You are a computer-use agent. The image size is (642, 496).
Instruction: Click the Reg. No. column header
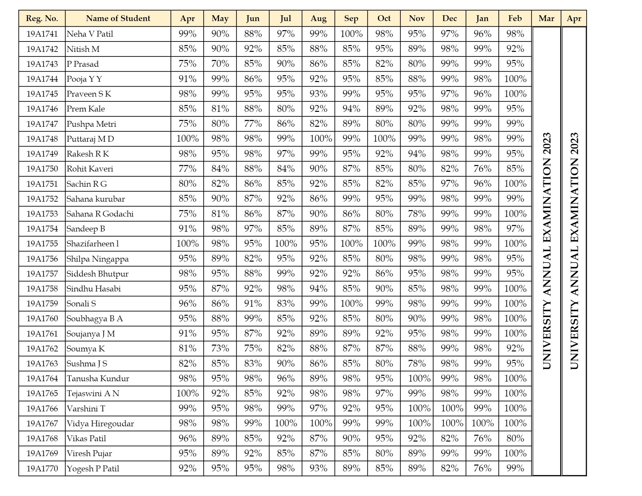coord(42,18)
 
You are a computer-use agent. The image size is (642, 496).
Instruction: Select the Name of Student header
coord(118,18)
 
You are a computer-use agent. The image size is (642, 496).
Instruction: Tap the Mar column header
coord(546,18)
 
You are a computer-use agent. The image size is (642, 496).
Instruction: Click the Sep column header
coord(351,18)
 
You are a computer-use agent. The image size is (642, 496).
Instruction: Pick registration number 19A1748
coord(42,139)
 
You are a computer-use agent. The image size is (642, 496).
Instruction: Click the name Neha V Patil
coord(90,34)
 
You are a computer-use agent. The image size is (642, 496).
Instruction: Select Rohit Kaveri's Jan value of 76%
coord(482,169)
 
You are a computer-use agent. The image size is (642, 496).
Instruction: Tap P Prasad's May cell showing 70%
coord(220,64)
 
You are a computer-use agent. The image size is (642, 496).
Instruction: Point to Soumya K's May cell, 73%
coord(220,348)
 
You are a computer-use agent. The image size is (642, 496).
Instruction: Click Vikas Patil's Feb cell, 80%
coord(515,438)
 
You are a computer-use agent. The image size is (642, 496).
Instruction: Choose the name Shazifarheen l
coord(93,244)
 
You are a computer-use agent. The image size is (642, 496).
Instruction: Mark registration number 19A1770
coord(42,468)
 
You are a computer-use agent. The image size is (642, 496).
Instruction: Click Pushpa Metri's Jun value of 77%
coord(253,124)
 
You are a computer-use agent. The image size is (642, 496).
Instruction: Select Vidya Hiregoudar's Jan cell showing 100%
coord(482,423)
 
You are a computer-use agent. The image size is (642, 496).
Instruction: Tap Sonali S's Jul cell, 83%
coord(286,304)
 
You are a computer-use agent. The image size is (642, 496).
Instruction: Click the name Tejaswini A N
coord(93,394)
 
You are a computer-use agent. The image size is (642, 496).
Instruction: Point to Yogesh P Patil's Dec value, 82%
coord(449,468)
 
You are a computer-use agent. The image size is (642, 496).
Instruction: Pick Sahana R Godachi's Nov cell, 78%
coord(417,214)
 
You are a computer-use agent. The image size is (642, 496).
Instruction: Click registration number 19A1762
coord(42,348)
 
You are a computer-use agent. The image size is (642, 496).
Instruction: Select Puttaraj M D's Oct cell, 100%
coord(384,139)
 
